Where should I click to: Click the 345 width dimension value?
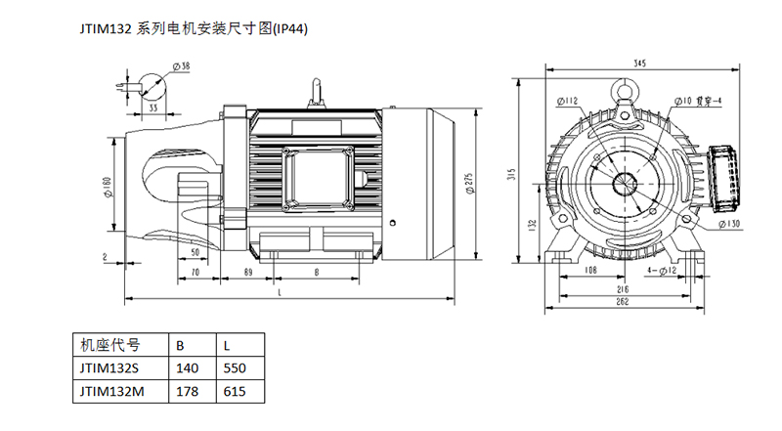[x=639, y=63]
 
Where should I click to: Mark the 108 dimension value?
[x=590, y=270]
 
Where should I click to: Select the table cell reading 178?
[x=186, y=391]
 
